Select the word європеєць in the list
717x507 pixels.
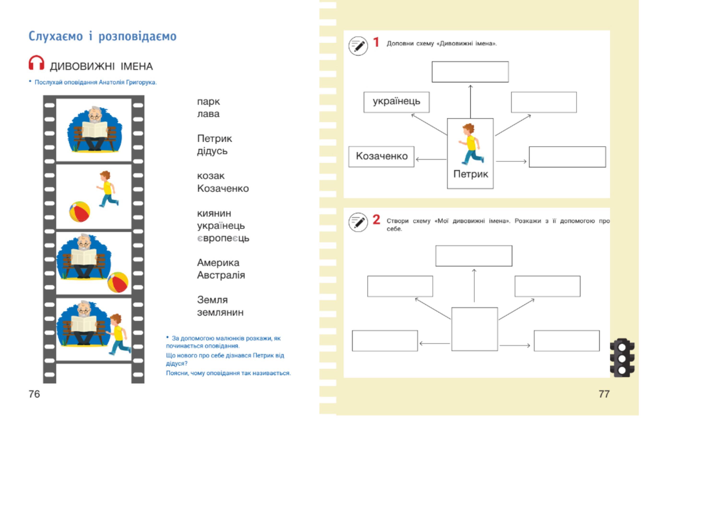tap(223, 238)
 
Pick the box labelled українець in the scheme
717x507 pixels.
tap(396, 102)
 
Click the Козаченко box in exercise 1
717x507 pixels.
tap(381, 156)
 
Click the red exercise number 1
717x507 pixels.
tap(376, 42)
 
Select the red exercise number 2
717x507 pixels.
tap(376, 220)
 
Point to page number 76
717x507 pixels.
tap(34, 394)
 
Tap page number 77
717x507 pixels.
tap(604, 394)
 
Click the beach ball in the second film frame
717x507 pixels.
tap(80, 211)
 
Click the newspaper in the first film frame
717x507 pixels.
tap(95, 129)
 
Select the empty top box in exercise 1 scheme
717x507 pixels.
tap(470, 72)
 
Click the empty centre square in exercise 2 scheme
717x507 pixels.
tap(474, 329)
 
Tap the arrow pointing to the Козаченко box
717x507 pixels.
tap(431, 159)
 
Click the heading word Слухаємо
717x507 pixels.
tap(56, 36)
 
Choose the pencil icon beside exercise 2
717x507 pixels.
tap(358, 222)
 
